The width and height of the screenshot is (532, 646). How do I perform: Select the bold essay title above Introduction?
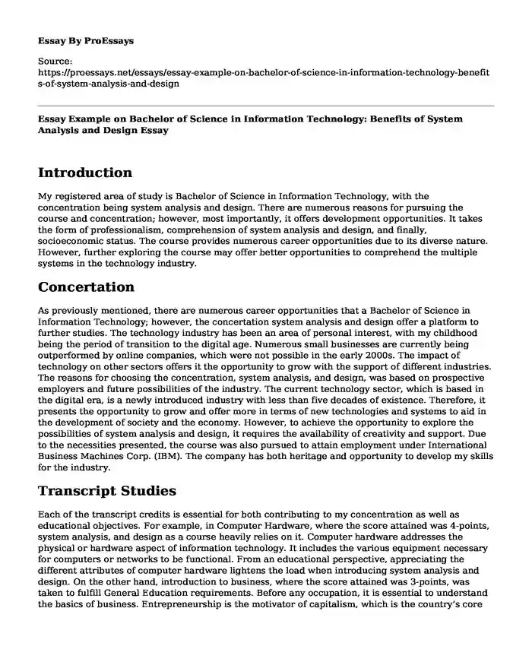(x=260, y=125)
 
